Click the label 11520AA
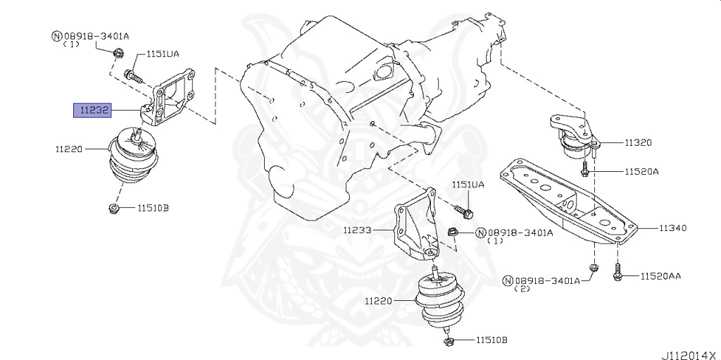[660, 277]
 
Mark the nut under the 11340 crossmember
[593, 268]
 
